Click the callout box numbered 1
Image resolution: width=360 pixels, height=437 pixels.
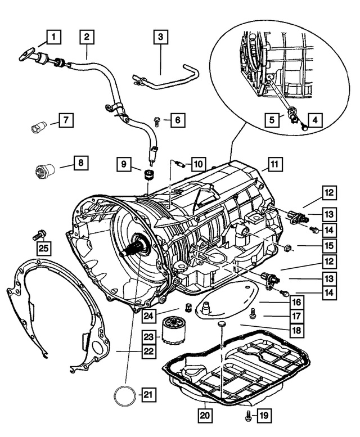(x=53, y=38)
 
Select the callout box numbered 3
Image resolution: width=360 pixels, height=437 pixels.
(x=160, y=38)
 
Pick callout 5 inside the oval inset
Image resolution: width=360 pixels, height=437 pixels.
(x=272, y=120)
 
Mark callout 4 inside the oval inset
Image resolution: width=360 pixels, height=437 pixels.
(x=314, y=120)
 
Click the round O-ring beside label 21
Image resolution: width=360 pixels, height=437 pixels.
(x=124, y=395)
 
